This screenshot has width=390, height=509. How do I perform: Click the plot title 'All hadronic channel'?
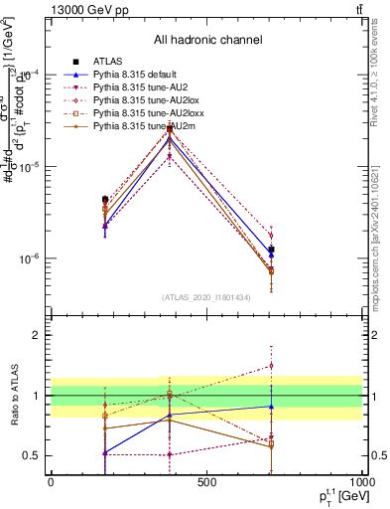(206, 40)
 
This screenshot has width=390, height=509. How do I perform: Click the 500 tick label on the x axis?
(206, 482)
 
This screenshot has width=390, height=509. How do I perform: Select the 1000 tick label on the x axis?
(361, 482)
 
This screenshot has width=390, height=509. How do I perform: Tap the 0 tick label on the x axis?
(51, 482)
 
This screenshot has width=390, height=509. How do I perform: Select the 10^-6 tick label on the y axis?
(31, 259)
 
